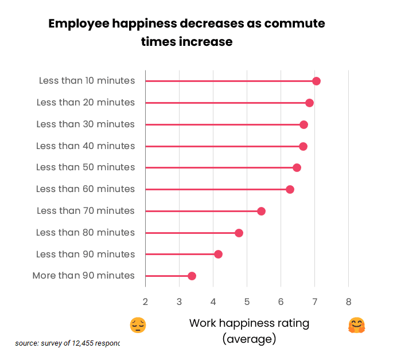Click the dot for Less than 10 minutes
coord(316,81)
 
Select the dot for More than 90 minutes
coord(192,276)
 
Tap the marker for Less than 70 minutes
coord(261,211)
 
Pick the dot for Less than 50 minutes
coord(297,167)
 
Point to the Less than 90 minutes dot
coord(218,254)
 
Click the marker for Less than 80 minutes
coord(239,233)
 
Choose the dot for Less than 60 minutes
coord(290,189)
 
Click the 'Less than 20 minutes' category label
coord(85,103)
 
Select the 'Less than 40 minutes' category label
coord(85,146)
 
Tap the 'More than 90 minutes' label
coord(84,276)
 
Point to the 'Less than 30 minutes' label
coord(85,124)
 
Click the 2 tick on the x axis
coord(145,302)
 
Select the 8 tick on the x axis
coord(348,302)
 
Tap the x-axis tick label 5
coord(247,302)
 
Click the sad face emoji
coord(138,325)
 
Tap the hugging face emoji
coord(356,325)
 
